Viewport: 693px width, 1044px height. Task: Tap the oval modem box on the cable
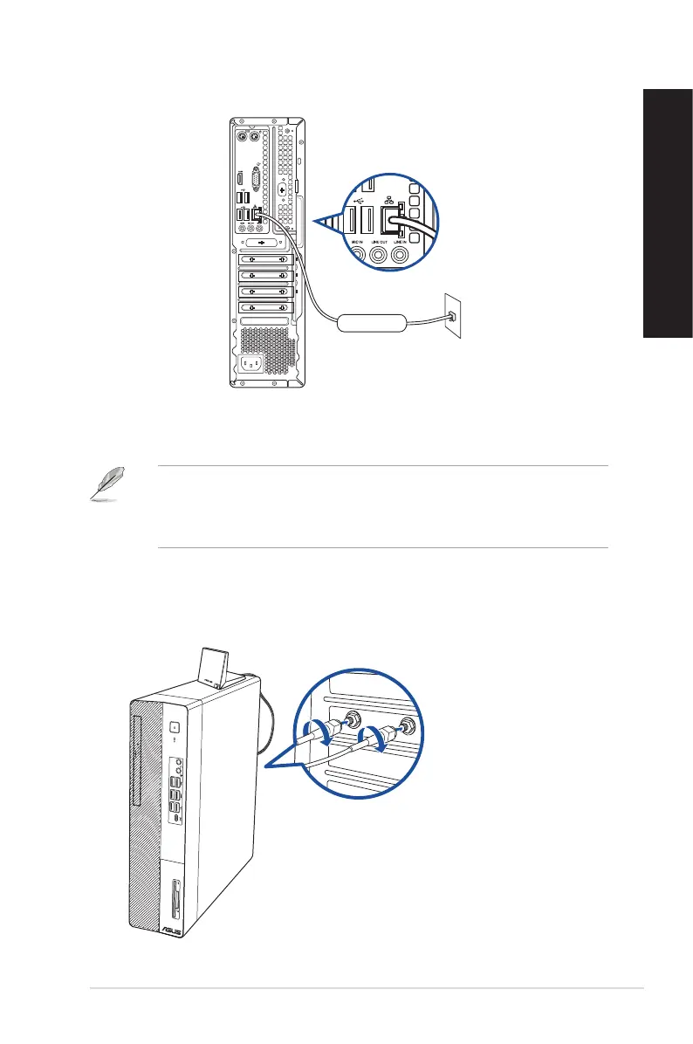coord(372,321)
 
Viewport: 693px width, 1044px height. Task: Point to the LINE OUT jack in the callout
coord(379,256)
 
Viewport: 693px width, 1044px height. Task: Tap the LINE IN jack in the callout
coord(401,256)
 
